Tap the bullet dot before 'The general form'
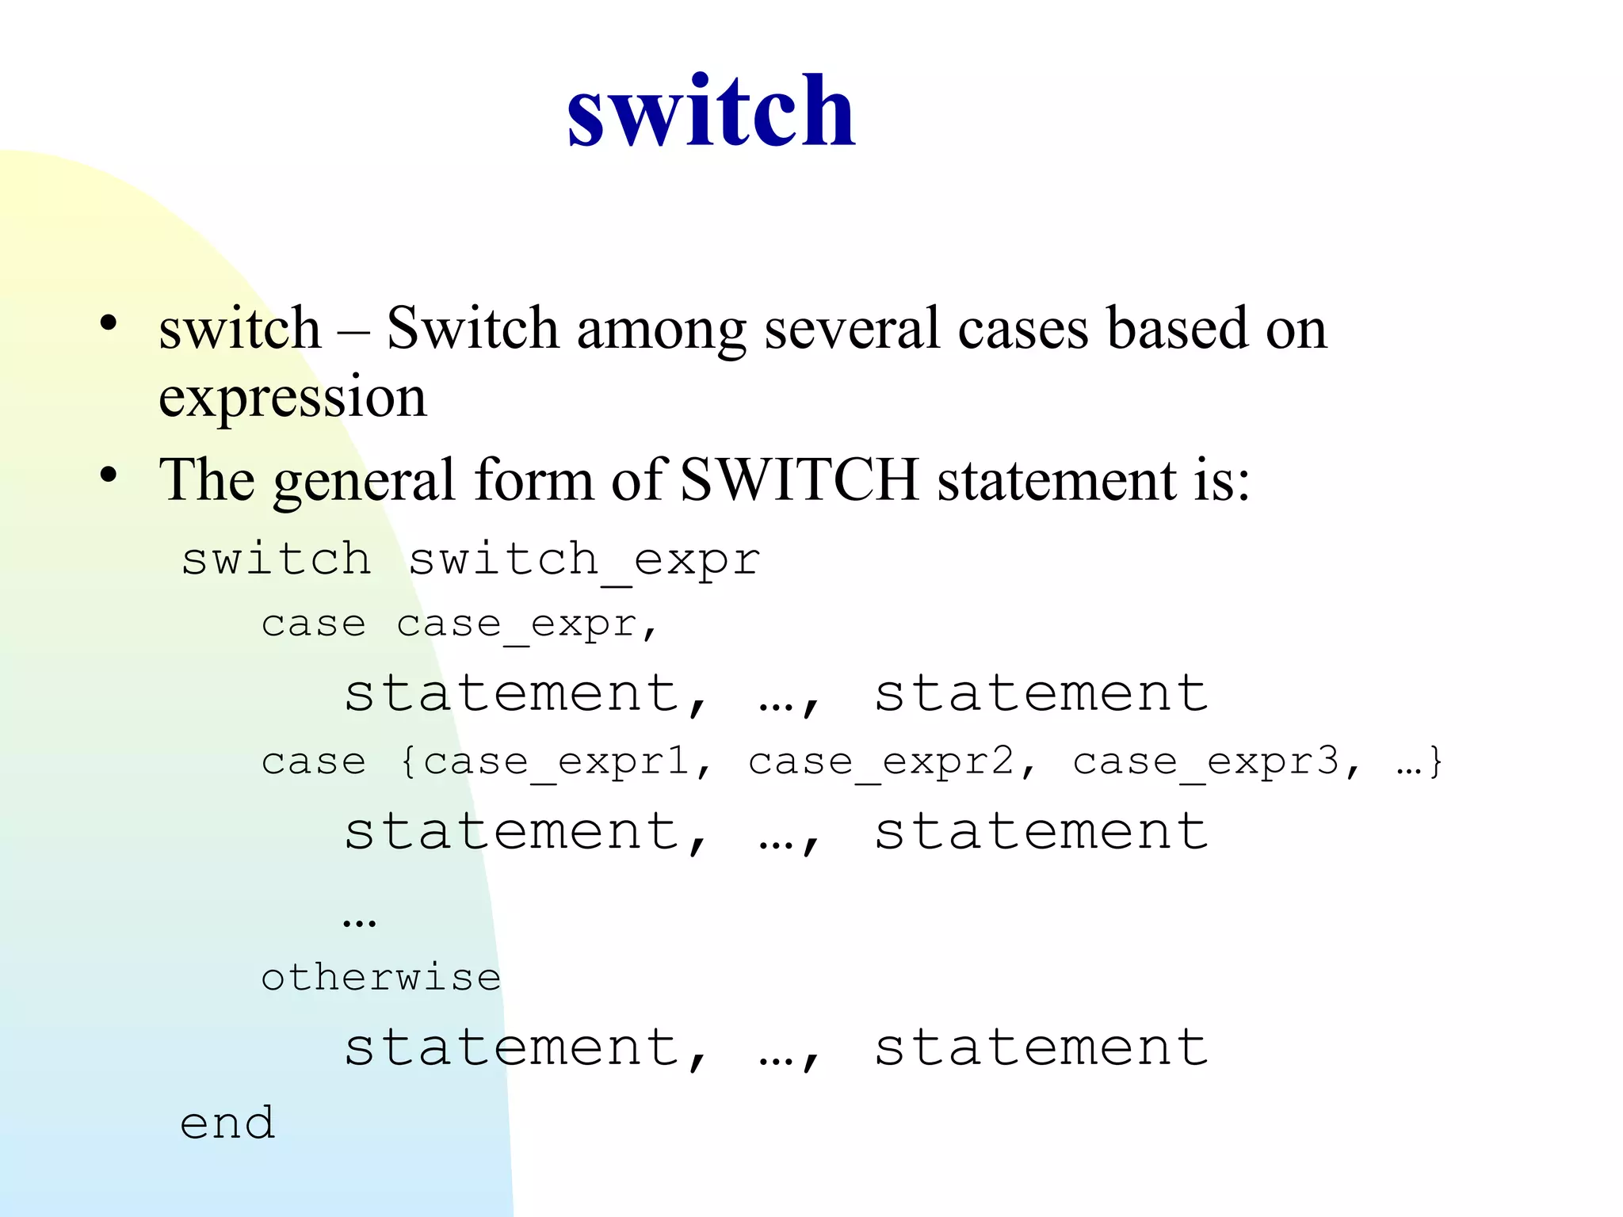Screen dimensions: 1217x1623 109,475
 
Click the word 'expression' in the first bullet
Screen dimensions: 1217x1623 292,398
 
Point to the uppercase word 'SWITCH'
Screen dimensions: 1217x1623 799,480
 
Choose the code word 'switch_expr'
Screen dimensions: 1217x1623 584,561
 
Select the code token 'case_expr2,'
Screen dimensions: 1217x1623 892,763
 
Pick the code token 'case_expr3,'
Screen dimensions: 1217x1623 1216,763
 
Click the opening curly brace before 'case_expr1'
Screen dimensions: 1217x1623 408,763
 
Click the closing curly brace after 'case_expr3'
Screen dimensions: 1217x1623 1435,763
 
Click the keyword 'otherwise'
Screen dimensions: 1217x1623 381,978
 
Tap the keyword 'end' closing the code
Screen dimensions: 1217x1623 227,1124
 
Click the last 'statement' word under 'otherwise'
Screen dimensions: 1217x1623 1041,1047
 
